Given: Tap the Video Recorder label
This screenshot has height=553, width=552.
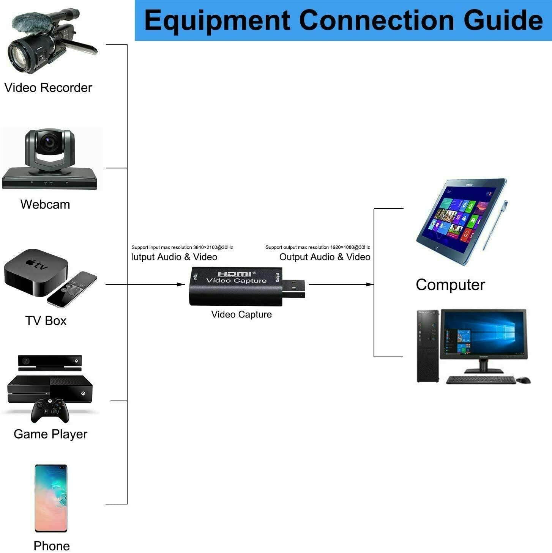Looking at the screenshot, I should click(x=48, y=88).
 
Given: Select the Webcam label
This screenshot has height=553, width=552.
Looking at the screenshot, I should click(x=45, y=204).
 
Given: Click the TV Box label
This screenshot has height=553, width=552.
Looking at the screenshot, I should click(x=46, y=321).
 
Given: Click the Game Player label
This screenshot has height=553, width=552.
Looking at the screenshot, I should click(x=50, y=434).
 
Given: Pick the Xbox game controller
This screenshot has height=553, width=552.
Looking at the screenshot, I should click(x=50, y=410).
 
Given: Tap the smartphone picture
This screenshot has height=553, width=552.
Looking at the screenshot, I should click(x=51, y=498).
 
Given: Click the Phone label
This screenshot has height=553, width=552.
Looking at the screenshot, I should click(x=52, y=546).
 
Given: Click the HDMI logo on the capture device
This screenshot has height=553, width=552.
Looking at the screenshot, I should click(x=234, y=273).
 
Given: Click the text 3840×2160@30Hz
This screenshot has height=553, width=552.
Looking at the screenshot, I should click(x=213, y=247).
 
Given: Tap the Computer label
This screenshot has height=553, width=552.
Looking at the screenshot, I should click(x=450, y=285).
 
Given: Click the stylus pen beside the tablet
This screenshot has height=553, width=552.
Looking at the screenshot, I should click(x=495, y=225).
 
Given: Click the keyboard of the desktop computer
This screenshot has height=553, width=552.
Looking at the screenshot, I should click(x=480, y=380).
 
